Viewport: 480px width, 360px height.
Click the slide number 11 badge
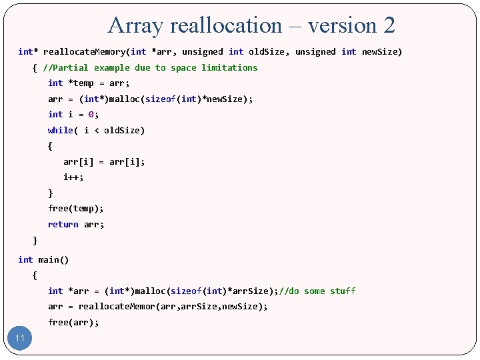coord(20,338)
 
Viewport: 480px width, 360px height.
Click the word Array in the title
coord(136,25)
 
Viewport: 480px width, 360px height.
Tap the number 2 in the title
coord(389,25)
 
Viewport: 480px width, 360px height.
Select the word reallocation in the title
coord(227,25)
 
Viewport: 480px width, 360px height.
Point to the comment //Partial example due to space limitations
coord(150,67)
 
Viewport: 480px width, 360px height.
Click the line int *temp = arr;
coord(89,83)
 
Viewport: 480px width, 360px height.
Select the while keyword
coord(61,130)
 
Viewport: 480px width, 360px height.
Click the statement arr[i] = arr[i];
coord(104,161)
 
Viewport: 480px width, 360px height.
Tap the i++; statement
coord(73,177)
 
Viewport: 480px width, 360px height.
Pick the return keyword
coord(63,225)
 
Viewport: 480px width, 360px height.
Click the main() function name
coord(53,259)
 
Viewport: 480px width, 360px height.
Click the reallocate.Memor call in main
coord(117,307)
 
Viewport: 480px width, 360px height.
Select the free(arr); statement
coord(73,323)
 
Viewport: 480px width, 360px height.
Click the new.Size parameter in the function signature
coord(382,51)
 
